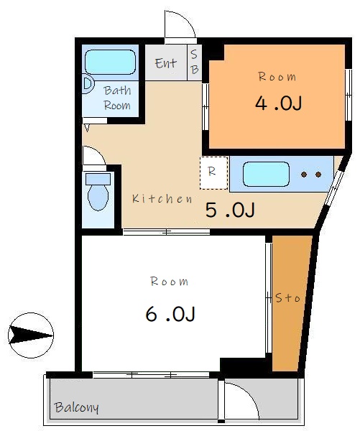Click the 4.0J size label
pyautogui.click(x=278, y=103)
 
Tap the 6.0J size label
pyautogui.click(x=170, y=314)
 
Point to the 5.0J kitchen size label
pyautogui.click(x=230, y=210)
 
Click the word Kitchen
pyautogui.click(x=162, y=199)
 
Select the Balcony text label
pyautogui.click(x=76, y=408)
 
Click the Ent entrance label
pyautogui.click(x=166, y=63)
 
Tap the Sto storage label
pyautogui.click(x=287, y=297)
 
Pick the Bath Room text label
pyautogui.click(x=117, y=98)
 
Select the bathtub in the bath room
pyautogui.click(x=110, y=62)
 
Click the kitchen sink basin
pyautogui.click(x=265, y=175)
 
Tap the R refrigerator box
pyautogui.click(x=213, y=172)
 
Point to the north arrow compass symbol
pyautogui.click(x=31, y=334)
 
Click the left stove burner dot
pyautogui.click(x=304, y=175)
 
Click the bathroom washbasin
pyautogui.click(x=87, y=83)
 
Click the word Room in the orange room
pyautogui.click(x=277, y=77)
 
